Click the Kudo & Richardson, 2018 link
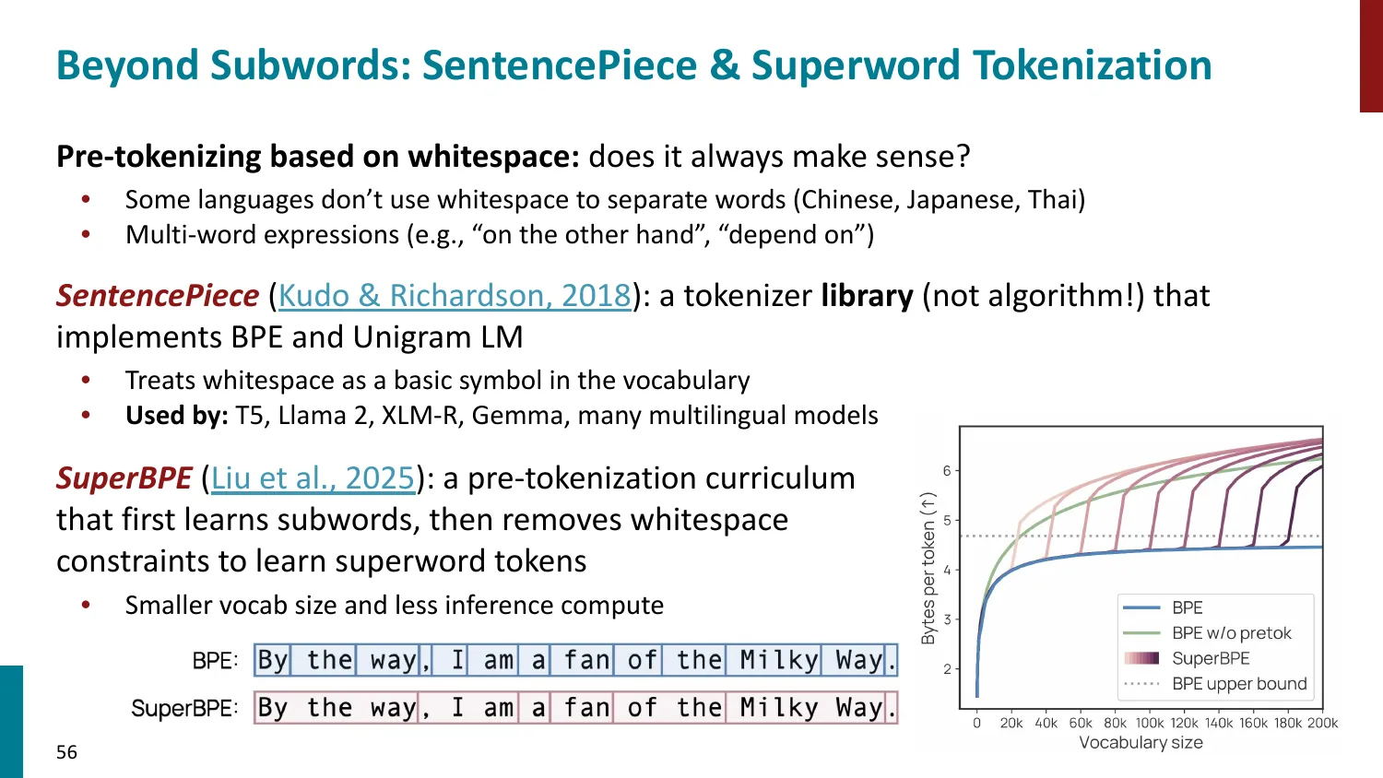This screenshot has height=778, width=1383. point(454,296)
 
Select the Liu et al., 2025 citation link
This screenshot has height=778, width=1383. point(313,478)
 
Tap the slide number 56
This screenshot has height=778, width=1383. point(66,752)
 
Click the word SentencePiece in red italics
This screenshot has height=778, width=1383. point(158,296)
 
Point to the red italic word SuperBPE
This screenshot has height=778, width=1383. point(124,478)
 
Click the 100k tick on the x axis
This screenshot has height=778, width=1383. point(1149,723)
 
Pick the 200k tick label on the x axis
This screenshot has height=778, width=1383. point(1322,723)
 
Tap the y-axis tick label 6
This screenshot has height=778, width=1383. point(947,470)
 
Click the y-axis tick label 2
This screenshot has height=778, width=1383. point(947,669)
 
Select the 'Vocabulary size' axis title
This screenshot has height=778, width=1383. point(1141,743)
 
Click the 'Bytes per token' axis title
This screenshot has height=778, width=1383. point(928,568)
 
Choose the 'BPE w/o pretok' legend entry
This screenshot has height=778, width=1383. point(1231,633)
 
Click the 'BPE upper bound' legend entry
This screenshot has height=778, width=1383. point(1239,684)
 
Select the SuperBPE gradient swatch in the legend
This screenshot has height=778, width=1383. point(1141,658)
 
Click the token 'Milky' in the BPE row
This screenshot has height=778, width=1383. point(778,660)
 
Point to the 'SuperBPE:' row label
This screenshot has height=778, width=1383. point(184,708)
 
